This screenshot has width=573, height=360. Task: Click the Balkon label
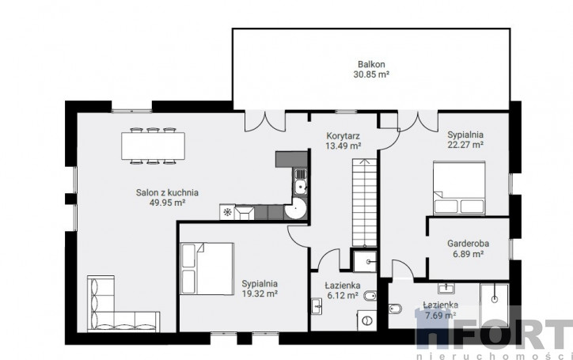[371, 64]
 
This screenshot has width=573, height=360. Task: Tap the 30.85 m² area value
[371, 74]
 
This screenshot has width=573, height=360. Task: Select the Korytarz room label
[343, 136]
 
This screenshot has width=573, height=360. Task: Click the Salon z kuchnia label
[167, 192]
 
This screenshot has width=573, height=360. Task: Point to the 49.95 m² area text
[167, 203]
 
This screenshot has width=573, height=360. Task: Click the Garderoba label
[468, 244]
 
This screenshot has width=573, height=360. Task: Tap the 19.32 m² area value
[260, 294]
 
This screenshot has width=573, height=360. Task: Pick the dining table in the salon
[153, 146]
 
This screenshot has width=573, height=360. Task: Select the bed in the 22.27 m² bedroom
[459, 188]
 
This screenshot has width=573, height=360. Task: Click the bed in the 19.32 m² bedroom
[207, 269]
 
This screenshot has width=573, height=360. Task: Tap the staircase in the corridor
[364, 203]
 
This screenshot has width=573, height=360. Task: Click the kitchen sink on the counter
[301, 182]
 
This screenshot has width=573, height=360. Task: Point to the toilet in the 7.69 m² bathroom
[395, 309]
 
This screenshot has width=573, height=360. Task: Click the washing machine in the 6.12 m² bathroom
[366, 320]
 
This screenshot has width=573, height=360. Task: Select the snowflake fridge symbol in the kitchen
[227, 212]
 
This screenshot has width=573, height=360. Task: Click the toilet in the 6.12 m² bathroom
[370, 296]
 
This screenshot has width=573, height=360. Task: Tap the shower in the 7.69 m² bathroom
[495, 306]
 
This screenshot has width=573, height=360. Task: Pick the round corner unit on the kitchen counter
[296, 209]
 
